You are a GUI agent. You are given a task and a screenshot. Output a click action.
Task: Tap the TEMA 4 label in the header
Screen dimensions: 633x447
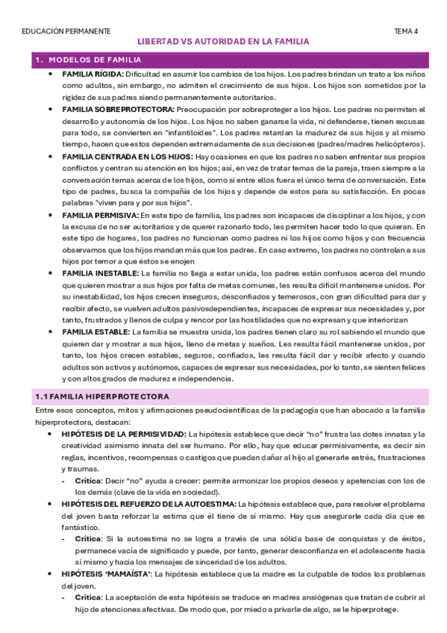click(x=406, y=31)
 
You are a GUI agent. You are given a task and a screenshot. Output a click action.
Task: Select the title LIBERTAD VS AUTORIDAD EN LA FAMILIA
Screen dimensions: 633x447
click(x=224, y=43)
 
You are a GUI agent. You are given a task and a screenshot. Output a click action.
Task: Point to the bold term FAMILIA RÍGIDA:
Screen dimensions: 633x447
click(x=93, y=75)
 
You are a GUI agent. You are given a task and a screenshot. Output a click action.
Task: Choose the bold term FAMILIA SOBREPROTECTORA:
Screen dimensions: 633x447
click(x=119, y=110)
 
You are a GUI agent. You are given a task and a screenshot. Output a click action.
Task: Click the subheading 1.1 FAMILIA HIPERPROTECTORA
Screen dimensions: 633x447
click(x=103, y=396)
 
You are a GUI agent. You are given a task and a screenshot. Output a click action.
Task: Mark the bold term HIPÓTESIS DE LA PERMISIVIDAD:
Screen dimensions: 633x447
click(x=125, y=434)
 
